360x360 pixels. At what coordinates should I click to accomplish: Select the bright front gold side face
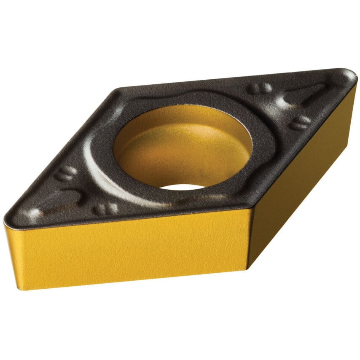tap(131, 249)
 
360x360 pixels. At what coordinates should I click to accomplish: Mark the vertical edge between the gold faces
tap(250, 238)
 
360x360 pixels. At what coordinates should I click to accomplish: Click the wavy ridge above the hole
tap(169, 95)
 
